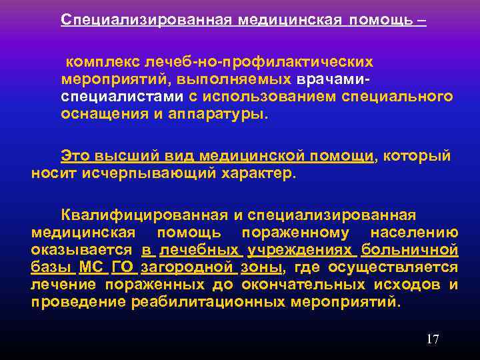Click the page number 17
(x=433, y=339)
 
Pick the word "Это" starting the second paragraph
(x=75, y=156)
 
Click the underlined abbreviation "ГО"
(x=123, y=267)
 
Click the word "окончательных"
(x=292, y=285)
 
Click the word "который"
(x=418, y=156)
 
